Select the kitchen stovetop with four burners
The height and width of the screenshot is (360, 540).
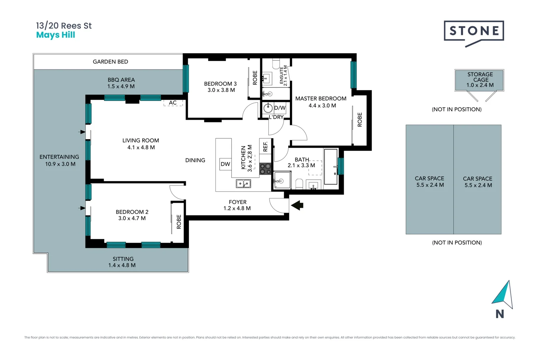(265, 169)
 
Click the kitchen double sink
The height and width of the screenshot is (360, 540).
(243, 184)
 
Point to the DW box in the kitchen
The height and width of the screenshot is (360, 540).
(225, 164)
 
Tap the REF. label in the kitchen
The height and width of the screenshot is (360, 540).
(265, 147)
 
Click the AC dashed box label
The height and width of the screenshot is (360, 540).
(173, 103)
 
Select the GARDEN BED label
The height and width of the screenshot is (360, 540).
(110, 62)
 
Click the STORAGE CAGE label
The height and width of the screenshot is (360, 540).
(480, 77)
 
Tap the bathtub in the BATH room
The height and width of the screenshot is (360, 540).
(331, 167)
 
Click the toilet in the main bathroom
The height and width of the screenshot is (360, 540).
(299, 184)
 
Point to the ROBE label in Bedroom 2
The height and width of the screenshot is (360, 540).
(179, 222)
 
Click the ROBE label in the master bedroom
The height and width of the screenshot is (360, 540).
(360, 120)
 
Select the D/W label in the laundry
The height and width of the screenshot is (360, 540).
(280, 108)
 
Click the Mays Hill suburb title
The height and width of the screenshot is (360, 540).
(55, 35)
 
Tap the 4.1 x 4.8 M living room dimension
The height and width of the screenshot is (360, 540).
(141, 147)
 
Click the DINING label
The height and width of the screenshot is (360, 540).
(195, 160)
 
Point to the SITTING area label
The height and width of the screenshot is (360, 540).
(123, 259)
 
